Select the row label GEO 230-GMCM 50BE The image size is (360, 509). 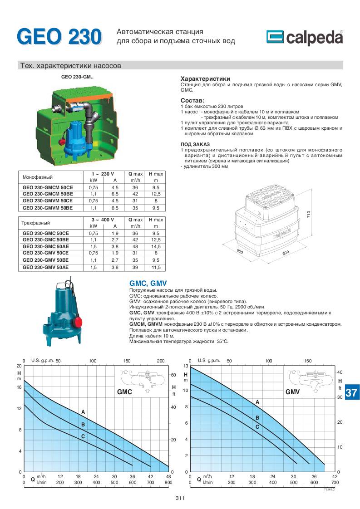point(48,194)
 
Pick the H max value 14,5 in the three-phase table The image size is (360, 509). point(156,246)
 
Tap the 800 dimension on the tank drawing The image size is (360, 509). point(286,253)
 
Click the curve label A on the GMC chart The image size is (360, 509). point(83,411)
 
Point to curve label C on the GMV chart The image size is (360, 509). point(257,426)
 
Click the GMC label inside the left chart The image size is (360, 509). point(124,392)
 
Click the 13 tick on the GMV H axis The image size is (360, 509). point(185,366)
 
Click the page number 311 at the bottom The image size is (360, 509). point(180,499)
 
